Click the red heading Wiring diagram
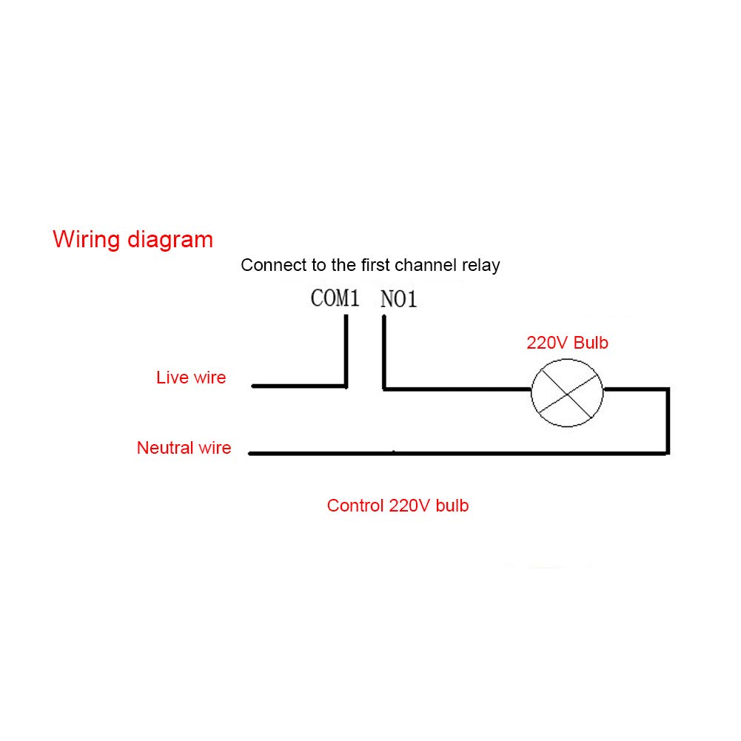tap(133, 240)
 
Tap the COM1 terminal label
tap(335, 299)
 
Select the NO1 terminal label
tap(399, 300)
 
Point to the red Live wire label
tap(191, 378)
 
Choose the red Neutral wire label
tap(184, 448)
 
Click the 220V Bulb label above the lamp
tap(567, 343)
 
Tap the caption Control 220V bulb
tap(398, 506)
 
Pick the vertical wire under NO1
tap(383, 352)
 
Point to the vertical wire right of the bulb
tap(668, 420)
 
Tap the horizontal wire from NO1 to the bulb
tap(455, 388)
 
